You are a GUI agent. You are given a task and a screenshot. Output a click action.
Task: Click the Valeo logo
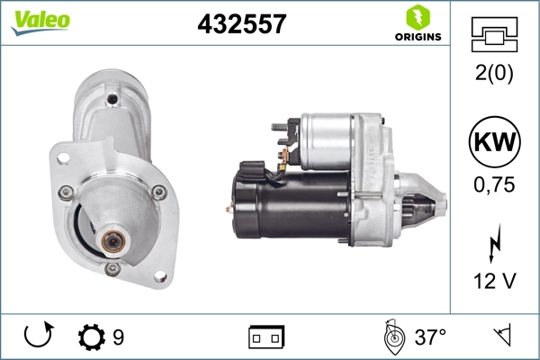[40, 22]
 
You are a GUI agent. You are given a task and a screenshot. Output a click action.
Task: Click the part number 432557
[242, 23]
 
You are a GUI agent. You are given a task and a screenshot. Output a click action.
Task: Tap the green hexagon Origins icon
[418, 18]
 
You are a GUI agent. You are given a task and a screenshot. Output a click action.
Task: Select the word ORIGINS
[418, 37]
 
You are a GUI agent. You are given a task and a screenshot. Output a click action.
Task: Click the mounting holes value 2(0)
[494, 72]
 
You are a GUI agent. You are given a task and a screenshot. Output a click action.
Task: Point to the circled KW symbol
[494, 142]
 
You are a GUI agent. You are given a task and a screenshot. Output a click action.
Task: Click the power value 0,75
[494, 184]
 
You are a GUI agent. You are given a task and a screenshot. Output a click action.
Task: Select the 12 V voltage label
[495, 281]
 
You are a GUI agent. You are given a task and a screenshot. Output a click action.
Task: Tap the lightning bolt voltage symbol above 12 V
[495, 243]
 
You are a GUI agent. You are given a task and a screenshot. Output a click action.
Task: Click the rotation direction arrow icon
[38, 335]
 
